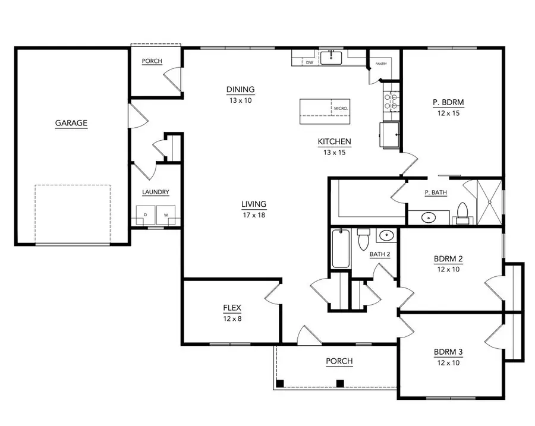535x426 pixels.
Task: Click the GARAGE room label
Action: [x=71, y=124]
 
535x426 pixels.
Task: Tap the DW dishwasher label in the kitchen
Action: [x=309, y=62]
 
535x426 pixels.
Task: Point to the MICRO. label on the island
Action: [x=341, y=109]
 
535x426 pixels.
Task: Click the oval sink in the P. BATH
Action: [x=427, y=217]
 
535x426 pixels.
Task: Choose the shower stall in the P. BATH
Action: [x=489, y=201]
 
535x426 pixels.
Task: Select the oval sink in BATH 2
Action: [x=386, y=236]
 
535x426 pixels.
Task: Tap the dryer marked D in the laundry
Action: [x=146, y=214]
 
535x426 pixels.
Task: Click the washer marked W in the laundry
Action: [x=166, y=214]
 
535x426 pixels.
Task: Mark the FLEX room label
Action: [x=232, y=308]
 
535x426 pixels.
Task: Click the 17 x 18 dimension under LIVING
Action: [x=254, y=214]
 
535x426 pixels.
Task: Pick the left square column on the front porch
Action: [x=282, y=383]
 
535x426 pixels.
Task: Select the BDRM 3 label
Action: [x=448, y=352]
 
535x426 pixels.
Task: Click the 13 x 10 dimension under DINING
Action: [x=240, y=100]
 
